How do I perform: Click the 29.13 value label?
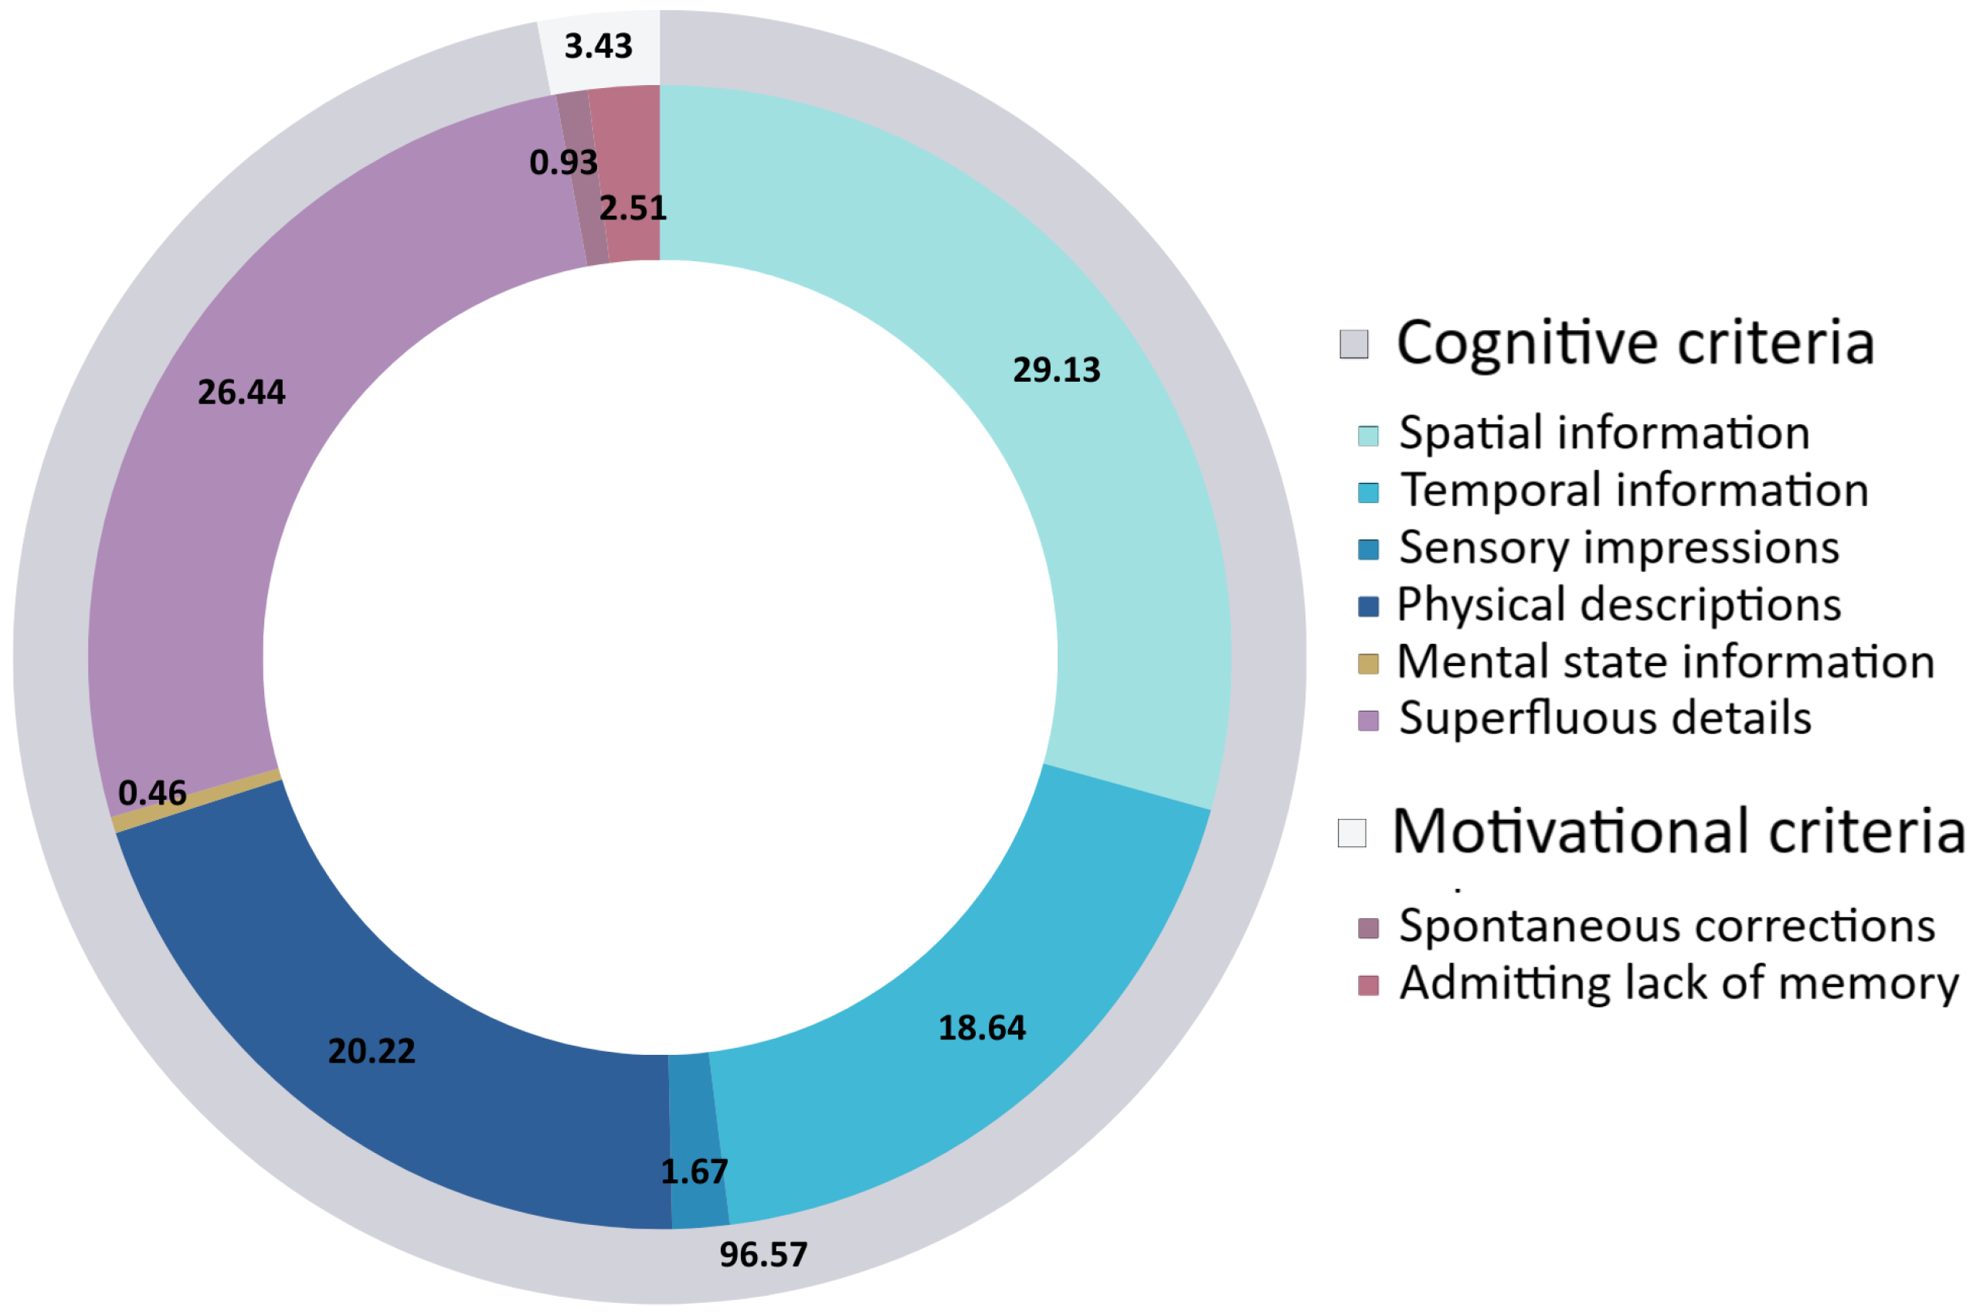(1055, 370)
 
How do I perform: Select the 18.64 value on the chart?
(981, 1029)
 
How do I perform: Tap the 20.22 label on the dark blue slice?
(371, 1051)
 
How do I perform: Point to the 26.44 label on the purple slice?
(241, 392)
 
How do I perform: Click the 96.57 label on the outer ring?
(762, 1254)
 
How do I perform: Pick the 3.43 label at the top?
(598, 46)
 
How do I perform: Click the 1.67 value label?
(694, 1172)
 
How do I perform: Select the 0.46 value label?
(151, 793)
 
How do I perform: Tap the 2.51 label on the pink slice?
(633, 208)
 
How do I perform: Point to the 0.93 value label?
(563, 162)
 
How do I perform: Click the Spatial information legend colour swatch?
(1368, 435)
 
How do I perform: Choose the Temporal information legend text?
(1634, 490)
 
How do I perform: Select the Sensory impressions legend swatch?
(1368, 549)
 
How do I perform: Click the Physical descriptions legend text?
(1619, 604)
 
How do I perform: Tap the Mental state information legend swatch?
(1368, 664)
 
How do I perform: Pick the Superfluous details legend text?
(1605, 718)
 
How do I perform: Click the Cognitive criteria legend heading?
(1634, 342)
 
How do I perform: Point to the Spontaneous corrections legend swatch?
(1368, 928)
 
